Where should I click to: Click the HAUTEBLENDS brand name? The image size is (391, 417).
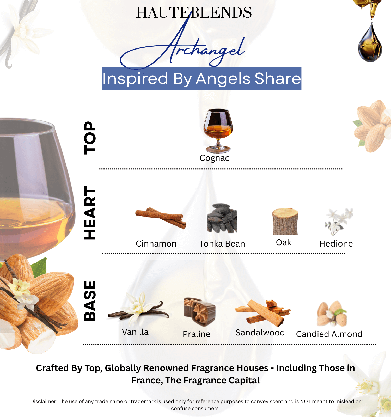194,13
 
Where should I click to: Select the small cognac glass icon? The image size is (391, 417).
218,130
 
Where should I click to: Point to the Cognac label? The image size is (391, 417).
215,158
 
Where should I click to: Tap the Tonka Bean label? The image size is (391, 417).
222,244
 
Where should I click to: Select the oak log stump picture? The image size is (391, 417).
285,222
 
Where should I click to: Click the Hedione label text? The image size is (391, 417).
336,244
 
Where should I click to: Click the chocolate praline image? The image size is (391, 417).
199,312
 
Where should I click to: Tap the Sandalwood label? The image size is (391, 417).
260,333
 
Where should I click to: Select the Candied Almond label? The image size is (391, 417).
329,334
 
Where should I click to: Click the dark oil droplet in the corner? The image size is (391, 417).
370,43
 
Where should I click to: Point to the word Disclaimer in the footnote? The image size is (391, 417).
44,401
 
